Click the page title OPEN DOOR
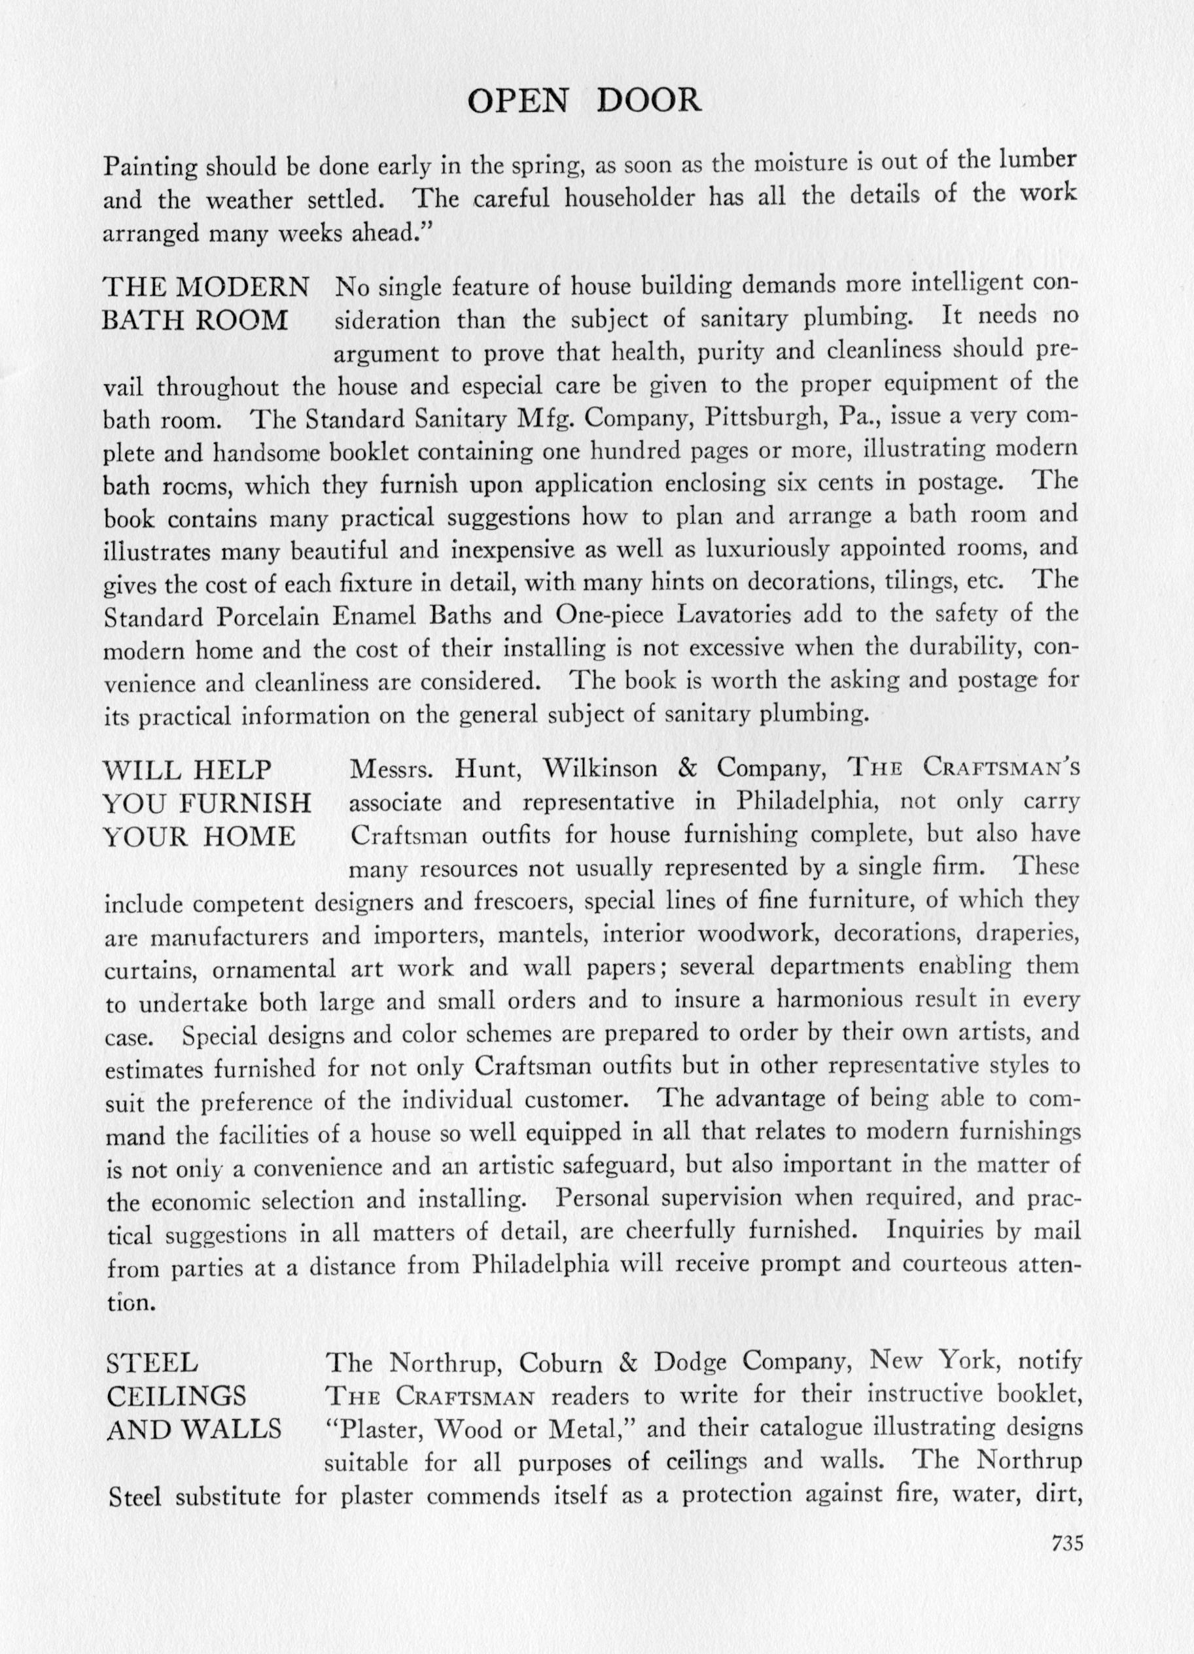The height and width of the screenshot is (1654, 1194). click(584, 101)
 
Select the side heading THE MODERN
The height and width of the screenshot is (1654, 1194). click(205, 288)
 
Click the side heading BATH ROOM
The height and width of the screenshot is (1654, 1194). click(195, 321)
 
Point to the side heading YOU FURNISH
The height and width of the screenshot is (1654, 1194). click(207, 803)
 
